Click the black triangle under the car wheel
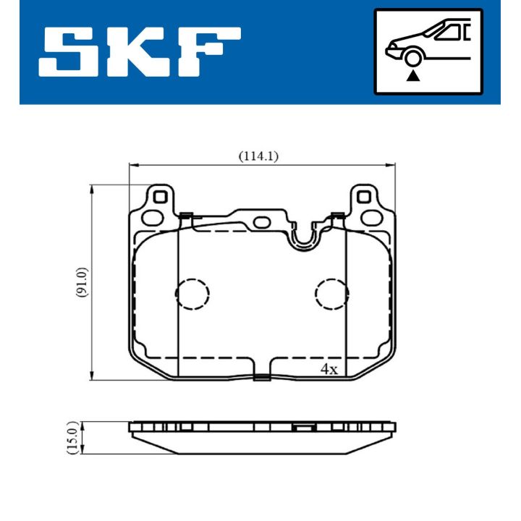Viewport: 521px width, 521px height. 413,74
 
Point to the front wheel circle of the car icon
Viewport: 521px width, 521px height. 413,58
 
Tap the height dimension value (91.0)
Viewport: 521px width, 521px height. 82,282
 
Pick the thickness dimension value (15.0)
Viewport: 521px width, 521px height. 72,437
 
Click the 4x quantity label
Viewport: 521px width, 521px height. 329,369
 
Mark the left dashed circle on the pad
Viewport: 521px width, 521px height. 192,293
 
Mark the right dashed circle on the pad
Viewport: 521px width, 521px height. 331,293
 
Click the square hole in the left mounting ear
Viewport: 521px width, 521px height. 161,195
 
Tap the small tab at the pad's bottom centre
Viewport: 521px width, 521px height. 263,376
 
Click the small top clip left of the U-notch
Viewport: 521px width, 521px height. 185,214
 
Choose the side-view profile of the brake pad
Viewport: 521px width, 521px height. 262,437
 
